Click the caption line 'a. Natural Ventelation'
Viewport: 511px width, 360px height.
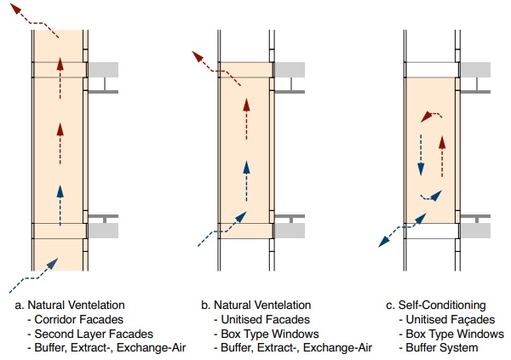click(70, 304)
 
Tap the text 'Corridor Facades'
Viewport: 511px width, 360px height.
click(75, 318)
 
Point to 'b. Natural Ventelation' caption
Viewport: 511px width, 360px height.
click(257, 304)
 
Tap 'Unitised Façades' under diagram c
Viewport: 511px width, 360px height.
click(447, 318)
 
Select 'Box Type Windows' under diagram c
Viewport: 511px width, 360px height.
click(451, 333)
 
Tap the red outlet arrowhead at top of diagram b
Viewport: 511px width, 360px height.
click(198, 55)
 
